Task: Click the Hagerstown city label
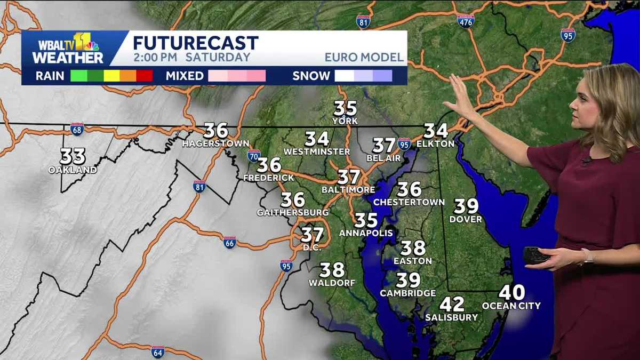(215, 143)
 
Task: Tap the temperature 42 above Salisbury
(451, 305)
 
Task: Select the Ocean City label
(511, 306)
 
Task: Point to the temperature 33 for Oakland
(73, 157)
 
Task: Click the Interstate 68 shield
(77, 129)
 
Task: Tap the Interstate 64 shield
(157, 351)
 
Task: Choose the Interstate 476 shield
(466, 20)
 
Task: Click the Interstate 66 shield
(230, 242)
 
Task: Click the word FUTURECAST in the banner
(195, 43)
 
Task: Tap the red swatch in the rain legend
(145, 76)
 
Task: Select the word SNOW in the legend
(311, 76)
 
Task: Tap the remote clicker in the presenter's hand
(535, 255)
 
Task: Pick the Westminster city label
(316, 151)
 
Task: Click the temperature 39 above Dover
(466, 206)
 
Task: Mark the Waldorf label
(332, 283)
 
